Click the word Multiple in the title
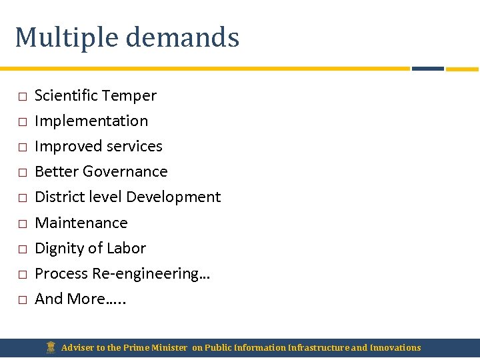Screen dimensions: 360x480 tap(65, 38)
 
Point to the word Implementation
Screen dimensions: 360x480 tap(91, 121)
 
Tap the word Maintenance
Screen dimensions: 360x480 tap(81, 223)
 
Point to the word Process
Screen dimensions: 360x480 tap(61, 273)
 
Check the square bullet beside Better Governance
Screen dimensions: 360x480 tap(22, 173)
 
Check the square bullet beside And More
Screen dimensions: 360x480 tap(22, 300)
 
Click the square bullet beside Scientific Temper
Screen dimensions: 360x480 tap(22, 97)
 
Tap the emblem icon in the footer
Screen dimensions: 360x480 tap(51, 347)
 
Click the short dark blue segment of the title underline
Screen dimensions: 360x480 tap(427, 68)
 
